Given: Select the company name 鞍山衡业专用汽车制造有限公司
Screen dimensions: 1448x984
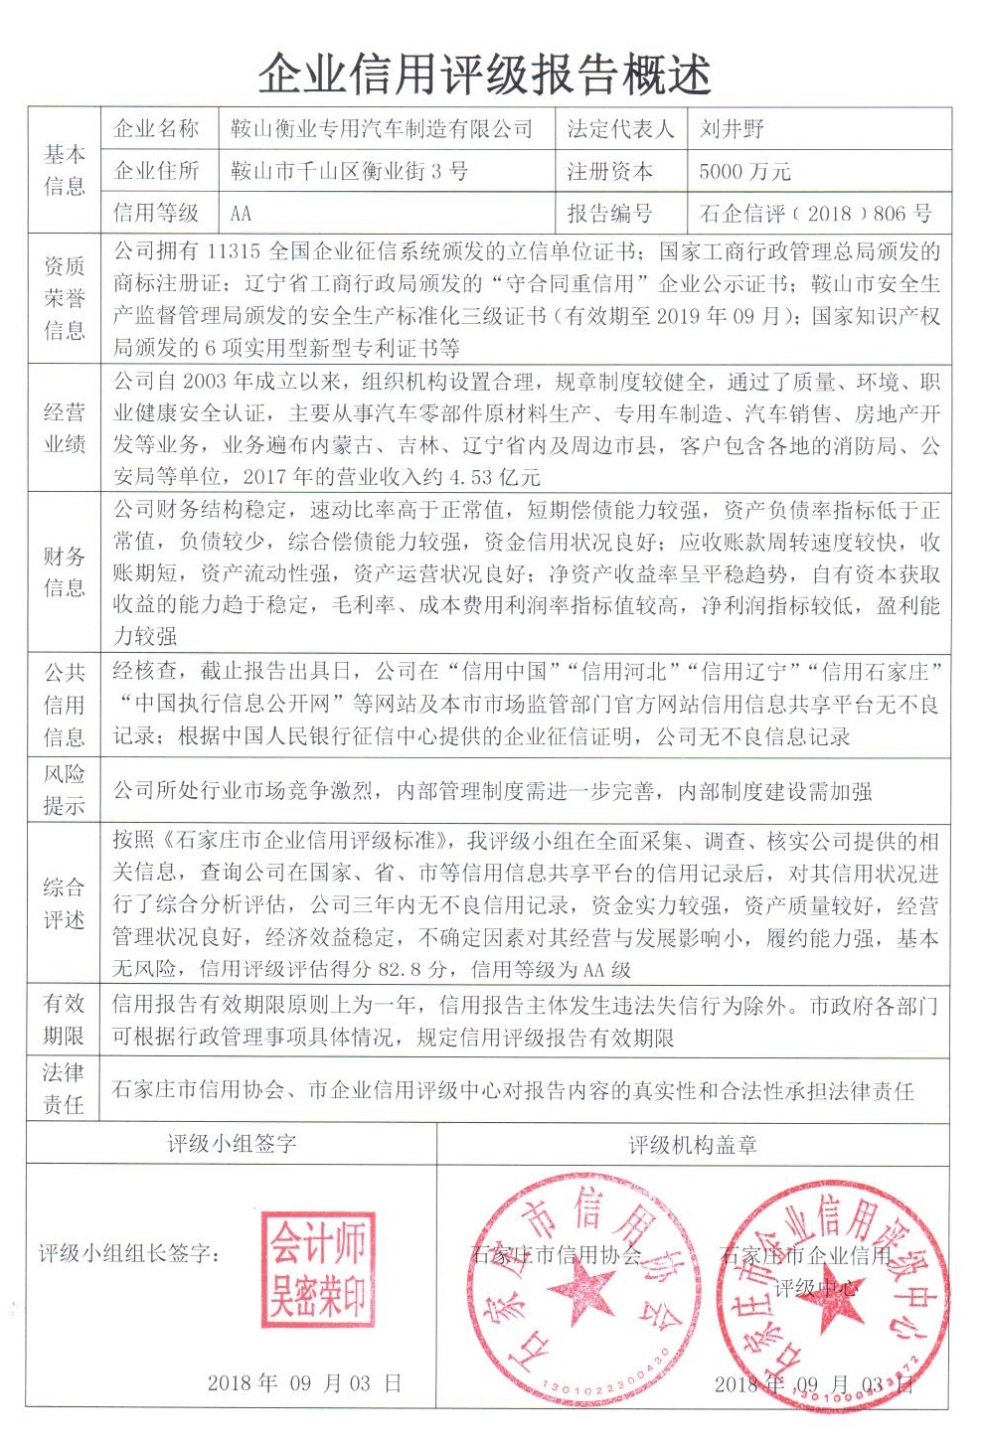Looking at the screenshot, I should (x=382, y=128).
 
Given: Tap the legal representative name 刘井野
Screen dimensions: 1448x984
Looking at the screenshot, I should (x=732, y=128).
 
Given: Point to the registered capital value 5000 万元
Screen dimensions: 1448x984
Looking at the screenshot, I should (x=744, y=171).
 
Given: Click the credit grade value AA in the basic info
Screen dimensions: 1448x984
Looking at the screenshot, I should (x=241, y=213).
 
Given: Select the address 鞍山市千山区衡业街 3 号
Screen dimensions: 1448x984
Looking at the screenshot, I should (x=349, y=171).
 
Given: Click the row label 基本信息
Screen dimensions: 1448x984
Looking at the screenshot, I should (x=65, y=170).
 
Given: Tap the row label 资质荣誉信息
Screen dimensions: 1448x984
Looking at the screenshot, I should (x=65, y=298).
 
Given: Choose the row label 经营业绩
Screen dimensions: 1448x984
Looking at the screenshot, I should (x=65, y=427).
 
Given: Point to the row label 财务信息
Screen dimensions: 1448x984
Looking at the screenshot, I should (x=65, y=571).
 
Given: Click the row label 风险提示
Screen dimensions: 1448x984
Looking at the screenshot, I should (x=65, y=790).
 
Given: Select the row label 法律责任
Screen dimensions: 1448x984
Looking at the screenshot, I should (x=65, y=1088).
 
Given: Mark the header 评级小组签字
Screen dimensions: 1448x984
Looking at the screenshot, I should (x=232, y=1144).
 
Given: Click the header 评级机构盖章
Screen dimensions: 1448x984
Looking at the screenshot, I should (x=693, y=1145).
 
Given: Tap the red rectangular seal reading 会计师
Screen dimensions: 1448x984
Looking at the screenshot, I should (x=319, y=1269).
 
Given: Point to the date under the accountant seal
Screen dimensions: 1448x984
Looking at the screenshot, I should (x=304, y=1382).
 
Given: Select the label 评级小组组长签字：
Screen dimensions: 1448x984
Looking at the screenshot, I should (x=130, y=1254).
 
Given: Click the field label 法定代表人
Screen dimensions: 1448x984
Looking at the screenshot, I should (x=620, y=128).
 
